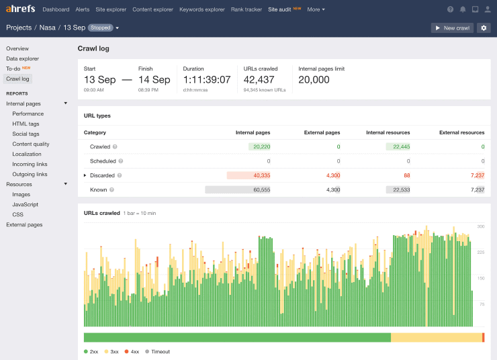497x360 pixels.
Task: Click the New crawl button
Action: pyautogui.click(x=452, y=28)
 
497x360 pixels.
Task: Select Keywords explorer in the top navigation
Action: pyautogui.click(x=201, y=9)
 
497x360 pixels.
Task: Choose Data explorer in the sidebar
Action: pyautogui.click(x=22, y=58)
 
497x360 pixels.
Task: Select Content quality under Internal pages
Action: pyautogui.click(x=31, y=144)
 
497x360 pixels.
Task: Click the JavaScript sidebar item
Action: pyautogui.click(x=25, y=204)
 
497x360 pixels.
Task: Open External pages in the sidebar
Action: pyautogui.click(x=24, y=225)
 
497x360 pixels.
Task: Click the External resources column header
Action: pyautogui.click(x=461, y=133)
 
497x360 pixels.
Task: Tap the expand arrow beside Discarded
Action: pyautogui.click(x=85, y=175)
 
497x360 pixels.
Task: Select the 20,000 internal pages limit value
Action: pyautogui.click(x=314, y=79)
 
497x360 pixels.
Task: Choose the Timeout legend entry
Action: pyautogui.click(x=160, y=351)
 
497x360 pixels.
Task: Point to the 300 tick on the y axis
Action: pyautogui.click(x=480, y=227)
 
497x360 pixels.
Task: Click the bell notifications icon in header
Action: pyautogui.click(x=463, y=9)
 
